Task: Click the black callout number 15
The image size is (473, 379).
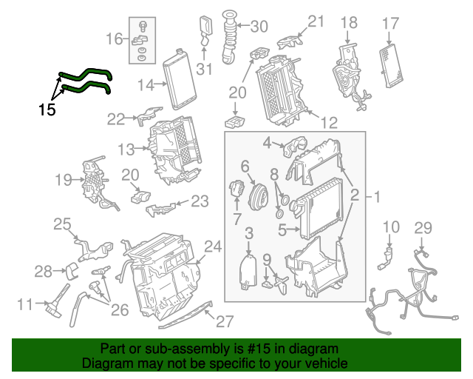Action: [47, 110]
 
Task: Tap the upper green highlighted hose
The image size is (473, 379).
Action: [88, 73]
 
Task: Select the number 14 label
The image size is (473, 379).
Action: [145, 85]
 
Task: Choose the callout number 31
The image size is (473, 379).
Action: [204, 70]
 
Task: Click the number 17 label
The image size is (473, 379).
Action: [389, 24]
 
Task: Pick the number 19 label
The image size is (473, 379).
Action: [64, 178]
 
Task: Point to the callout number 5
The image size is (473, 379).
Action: [282, 230]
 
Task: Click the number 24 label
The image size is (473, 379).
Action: [213, 246]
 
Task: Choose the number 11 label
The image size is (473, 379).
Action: [25, 303]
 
